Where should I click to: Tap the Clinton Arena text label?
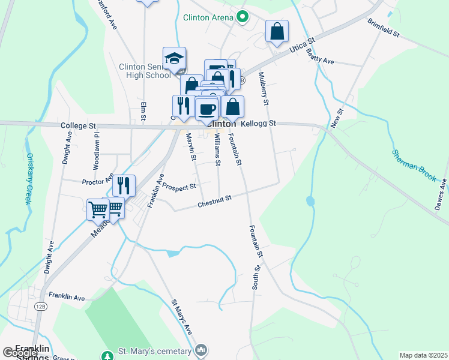208,18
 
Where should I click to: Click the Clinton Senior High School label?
145,71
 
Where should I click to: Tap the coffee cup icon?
207,109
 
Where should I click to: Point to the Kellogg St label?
258,124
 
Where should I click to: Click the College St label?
78,127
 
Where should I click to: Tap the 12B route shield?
40,306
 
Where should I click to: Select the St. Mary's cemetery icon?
201,350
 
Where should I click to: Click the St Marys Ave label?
182,317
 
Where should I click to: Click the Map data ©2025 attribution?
423,355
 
